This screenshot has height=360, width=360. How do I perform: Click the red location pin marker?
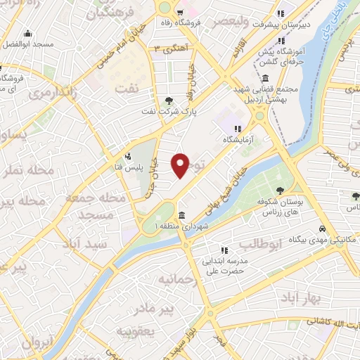181,165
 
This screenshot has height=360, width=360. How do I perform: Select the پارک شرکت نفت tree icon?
169,101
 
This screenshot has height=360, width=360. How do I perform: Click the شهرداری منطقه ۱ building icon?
182,215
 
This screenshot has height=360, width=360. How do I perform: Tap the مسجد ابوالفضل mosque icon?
27,33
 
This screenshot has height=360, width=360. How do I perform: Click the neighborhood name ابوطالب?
261,244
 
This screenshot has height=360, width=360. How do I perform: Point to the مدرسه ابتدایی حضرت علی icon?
224,250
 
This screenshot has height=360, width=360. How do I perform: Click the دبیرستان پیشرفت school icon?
281,13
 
